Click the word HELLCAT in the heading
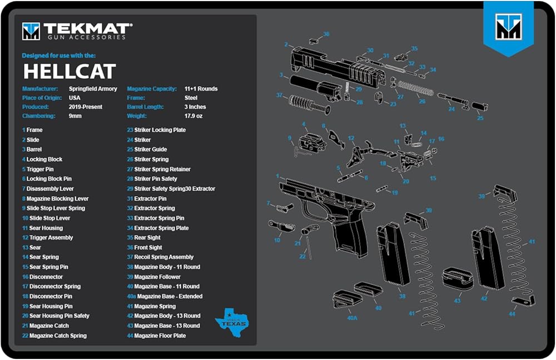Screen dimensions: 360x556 click(69, 71)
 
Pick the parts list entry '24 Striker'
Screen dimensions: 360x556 click(139, 140)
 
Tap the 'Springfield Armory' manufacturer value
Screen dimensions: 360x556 click(93, 89)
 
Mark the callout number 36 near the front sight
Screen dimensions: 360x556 click(326, 34)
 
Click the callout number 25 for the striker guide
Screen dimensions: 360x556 click(480, 118)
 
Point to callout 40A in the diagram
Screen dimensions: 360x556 click(352, 318)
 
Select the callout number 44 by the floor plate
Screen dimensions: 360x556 click(512, 314)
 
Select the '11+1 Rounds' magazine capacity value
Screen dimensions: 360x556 click(201, 89)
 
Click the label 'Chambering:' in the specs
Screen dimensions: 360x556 click(38, 116)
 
